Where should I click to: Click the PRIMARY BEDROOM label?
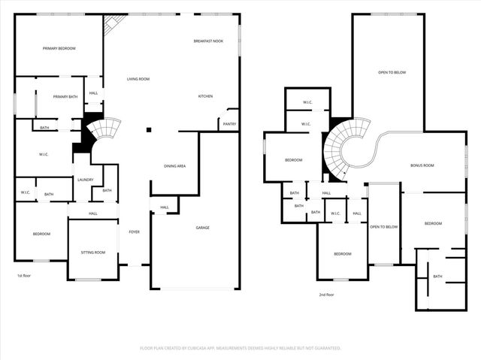(x=59, y=48)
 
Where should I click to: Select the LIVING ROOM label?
(x=138, y=79)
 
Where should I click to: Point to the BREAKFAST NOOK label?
(x=208, y=41)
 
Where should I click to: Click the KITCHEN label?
(x=205, y=96)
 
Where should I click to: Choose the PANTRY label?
(x=228, y=124)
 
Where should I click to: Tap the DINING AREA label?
(x=174, y=165)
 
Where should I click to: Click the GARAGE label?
(x=202, y=227)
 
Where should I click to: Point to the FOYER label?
(x=134, y=232)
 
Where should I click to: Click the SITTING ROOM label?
(x=93, y=253)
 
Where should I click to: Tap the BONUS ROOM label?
(x=422, y=165)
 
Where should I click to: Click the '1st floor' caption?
(x=25, y=276)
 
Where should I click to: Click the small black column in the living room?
(x=149, y=130)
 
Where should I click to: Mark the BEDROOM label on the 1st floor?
(x=41, y=234)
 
